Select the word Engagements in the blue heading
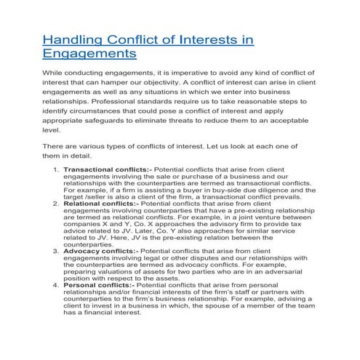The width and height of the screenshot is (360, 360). pos(89,55)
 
